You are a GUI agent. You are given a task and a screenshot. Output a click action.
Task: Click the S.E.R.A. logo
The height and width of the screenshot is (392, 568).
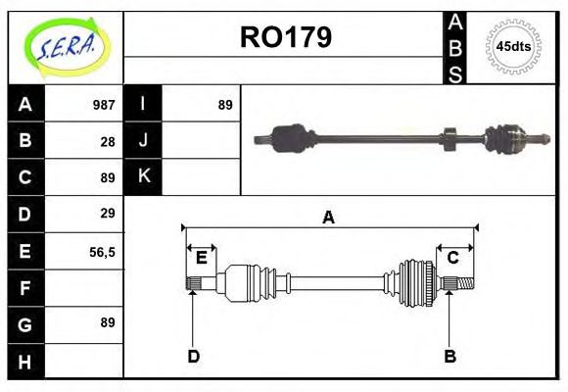[66, 47]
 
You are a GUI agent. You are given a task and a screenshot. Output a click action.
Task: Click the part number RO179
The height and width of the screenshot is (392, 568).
[285, 37]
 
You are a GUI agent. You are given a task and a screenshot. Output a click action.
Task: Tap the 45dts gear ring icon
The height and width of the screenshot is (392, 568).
[513, 46]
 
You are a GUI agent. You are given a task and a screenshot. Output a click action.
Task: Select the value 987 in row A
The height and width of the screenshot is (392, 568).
[104, 105]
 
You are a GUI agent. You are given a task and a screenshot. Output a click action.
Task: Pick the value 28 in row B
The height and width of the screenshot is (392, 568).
[108, 141]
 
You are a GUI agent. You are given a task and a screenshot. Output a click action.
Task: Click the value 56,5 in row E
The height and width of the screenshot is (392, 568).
[102, 251]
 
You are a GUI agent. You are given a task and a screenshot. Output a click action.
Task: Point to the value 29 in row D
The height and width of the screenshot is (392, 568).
[108, 214]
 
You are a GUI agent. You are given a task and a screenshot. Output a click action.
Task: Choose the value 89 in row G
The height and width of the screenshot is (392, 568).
[108, 322]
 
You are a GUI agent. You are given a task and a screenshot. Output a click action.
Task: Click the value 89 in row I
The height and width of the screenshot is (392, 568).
[225, 105]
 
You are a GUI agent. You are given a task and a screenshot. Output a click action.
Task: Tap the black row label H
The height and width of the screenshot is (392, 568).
[25, 361]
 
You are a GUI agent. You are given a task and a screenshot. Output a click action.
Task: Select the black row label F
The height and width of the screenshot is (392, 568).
[25, 288]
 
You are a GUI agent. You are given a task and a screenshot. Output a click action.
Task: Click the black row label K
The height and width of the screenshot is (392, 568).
[144, 176]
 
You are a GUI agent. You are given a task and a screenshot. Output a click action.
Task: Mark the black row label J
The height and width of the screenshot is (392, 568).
[144, 141]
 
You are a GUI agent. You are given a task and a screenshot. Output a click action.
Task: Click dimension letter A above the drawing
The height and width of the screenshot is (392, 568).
[328, 218]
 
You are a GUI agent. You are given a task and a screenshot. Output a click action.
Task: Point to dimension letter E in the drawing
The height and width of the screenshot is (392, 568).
[201, 258]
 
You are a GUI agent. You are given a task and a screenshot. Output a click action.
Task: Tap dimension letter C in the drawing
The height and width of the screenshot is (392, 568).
[453, 258]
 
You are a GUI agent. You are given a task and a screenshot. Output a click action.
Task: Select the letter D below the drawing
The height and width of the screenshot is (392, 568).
[193, 356]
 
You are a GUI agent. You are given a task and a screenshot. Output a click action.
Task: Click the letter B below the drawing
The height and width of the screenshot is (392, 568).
[450, 356]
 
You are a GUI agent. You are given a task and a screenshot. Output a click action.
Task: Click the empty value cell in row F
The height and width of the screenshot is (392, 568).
[86, 288]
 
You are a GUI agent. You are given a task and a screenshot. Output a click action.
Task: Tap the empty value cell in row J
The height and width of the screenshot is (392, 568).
[202, 141]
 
